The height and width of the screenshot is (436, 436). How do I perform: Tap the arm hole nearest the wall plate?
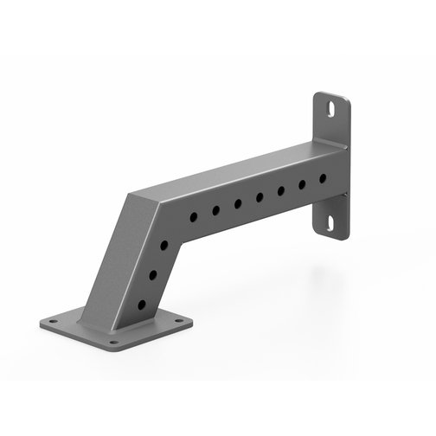click(323, 179)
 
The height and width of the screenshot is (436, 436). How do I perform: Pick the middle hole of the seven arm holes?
click(260, 197)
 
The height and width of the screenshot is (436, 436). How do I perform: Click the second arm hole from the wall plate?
click(302, 185)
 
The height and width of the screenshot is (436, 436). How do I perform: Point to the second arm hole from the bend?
click(216, 209)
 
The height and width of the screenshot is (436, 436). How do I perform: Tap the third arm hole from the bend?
click(238, 203)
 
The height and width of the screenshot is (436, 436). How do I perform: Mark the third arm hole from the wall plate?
click(281, 191)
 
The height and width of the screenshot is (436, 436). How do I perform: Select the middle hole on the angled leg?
click(154, 274)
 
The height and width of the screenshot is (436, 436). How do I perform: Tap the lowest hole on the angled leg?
click(141, 305)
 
